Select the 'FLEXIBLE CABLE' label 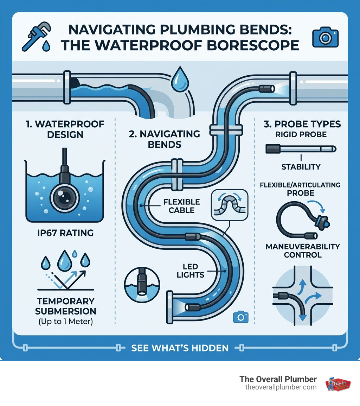tap(181, 206)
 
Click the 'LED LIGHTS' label tap(191, 271)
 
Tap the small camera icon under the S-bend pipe tap(240, 317)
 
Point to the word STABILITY tap(301, 166)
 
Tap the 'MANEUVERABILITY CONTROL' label tap(303, 250)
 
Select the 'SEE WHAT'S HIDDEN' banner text tap(180, 348)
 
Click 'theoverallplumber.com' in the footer tap(281, 387)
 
